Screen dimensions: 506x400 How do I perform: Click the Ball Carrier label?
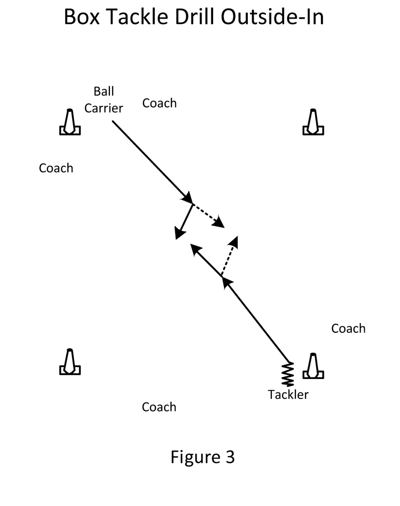tap(104, 100)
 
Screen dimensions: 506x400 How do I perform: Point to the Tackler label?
tap(288, 395)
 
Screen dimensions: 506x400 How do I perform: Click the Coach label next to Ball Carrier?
tap(159, 103)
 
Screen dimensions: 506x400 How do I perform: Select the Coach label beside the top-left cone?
tap(56, 168)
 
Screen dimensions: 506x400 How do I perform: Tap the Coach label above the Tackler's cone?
tap(348, 329)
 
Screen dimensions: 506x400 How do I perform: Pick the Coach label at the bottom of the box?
tap(159, 407)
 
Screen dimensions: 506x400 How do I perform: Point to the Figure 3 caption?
tap(202, 457)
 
